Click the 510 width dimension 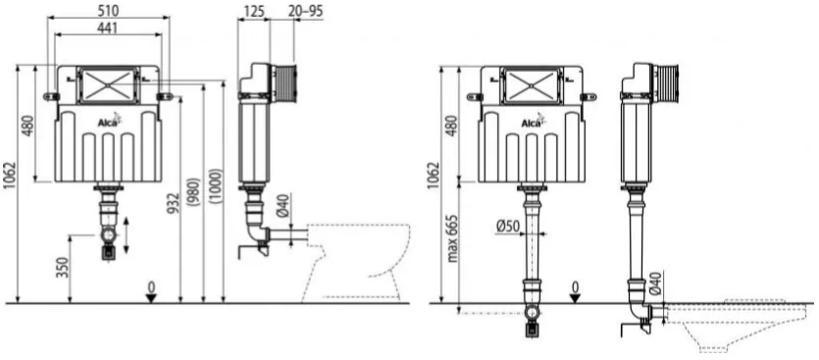109,10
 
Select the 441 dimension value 107,27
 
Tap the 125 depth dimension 254,11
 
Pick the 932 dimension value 175,204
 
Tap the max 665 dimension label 452,237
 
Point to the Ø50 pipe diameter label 508,227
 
